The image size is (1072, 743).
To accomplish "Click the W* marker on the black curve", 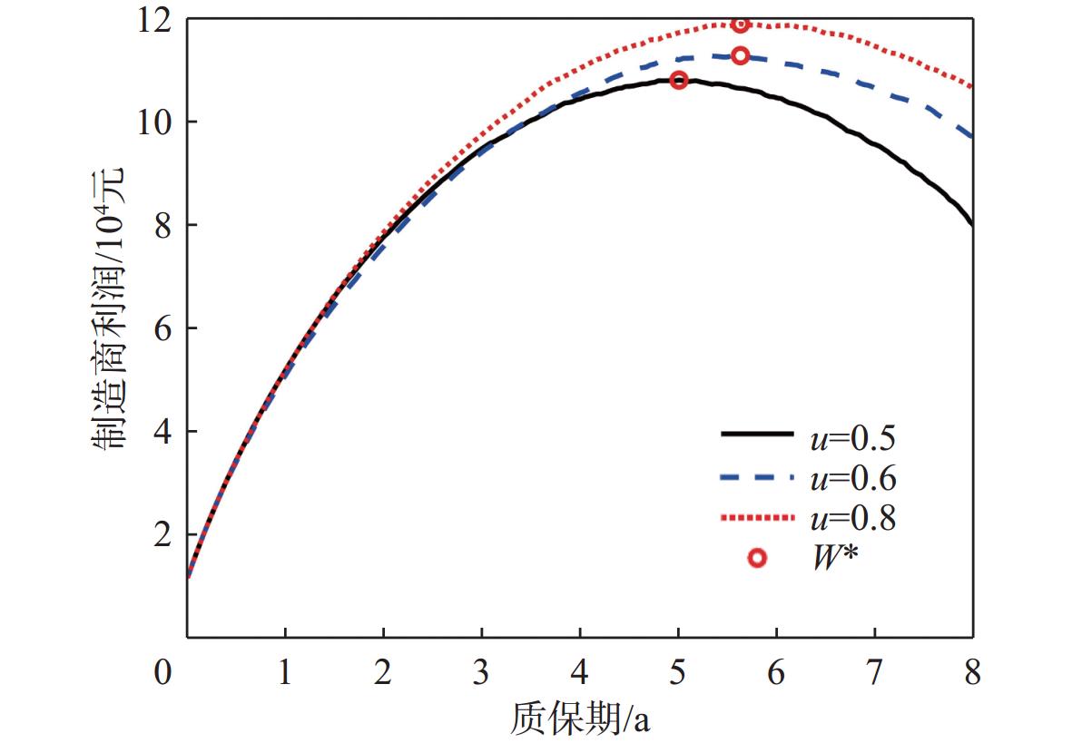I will point(678,81).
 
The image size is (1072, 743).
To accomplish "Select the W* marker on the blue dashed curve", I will point(740,55).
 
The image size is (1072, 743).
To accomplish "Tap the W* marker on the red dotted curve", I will point(740,24).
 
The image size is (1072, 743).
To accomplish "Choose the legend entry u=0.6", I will point(852,478).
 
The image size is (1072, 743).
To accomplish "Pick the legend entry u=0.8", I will point(852,519).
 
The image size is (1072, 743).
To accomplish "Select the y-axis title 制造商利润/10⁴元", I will point(109,308).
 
